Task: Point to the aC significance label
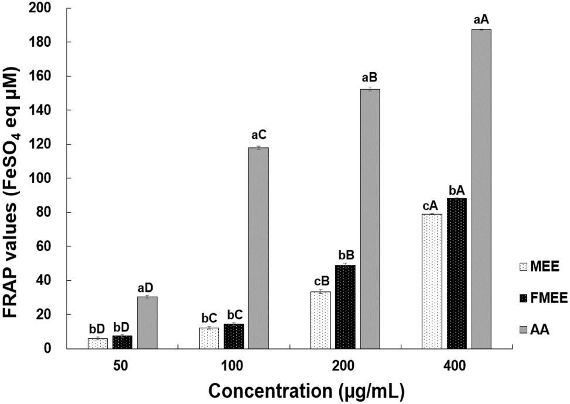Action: click(258, 138)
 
